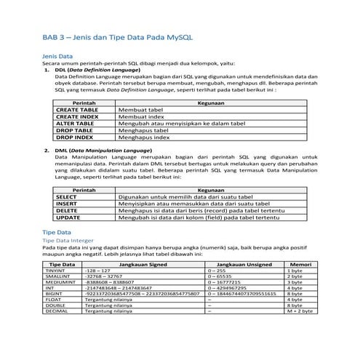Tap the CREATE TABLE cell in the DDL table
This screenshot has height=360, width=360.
click(x=78, y=110)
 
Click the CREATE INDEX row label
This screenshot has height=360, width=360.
click(x=78, y=116)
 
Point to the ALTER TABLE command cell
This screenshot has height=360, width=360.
click(x=76, y=124)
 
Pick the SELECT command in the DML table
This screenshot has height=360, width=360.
click(x=67, y=197)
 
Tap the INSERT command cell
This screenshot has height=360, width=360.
click(x=67, y=204)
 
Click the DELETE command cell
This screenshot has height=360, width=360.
click(x=67, y=210)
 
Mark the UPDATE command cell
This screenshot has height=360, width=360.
click(x=68, y=217)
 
